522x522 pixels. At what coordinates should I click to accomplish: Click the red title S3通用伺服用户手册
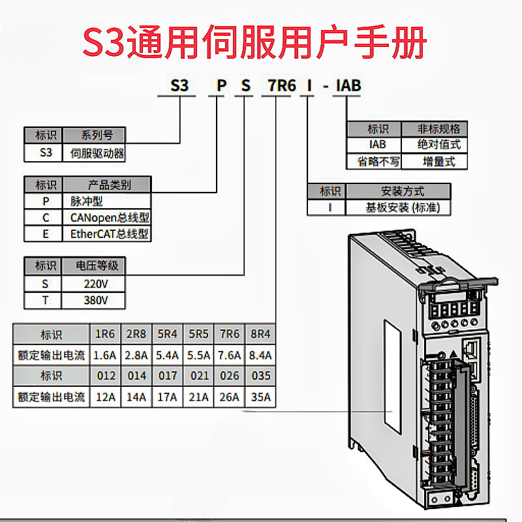[x=255, y=40]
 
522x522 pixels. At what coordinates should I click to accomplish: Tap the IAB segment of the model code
[x=347, y=85]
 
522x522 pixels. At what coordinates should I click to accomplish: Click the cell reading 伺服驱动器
[x=97, y=153]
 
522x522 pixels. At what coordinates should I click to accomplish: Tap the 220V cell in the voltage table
[x=96, y=284]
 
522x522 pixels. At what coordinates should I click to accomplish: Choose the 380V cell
[x=96, y=301]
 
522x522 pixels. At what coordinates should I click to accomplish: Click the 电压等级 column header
[x=96, y=266]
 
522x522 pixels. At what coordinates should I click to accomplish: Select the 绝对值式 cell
[x=439, y=145]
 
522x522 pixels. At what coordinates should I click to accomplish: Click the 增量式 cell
[x=439, y=161]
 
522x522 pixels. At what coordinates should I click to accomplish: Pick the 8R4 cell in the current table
[x=260, y=335]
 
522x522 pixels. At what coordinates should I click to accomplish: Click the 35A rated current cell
[x=260, y=396]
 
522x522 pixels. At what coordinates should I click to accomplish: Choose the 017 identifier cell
[x=168, y=376]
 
